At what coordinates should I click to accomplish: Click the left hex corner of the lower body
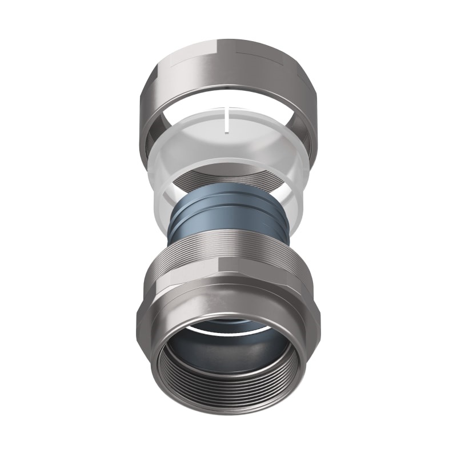click(x=139, y=320)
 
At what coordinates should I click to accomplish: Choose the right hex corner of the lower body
click(x=318, y=320)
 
